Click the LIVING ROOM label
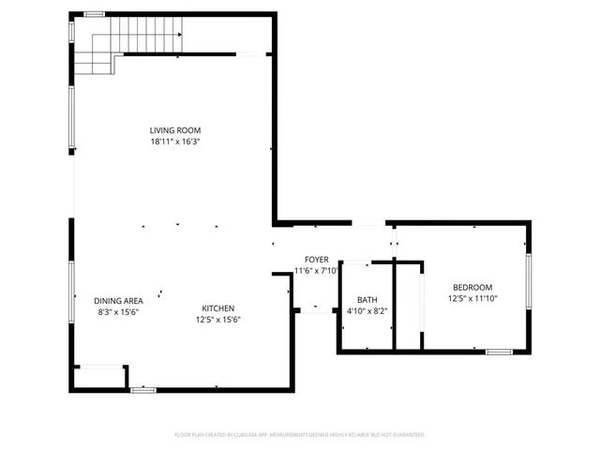click(175, 130)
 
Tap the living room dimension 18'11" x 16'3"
click(175, 142)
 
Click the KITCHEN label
click(218, 308)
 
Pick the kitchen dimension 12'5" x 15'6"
click(218, 320)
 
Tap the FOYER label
click(316, 259)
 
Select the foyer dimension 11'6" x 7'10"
click(316, 271)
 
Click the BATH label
click(367, 299)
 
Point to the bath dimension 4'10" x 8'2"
click(367, 310)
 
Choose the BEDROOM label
click(472, 288)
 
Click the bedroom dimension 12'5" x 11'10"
click(472, 299)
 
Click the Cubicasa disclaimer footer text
click(300, 435)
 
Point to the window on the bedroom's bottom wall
click(499, 352)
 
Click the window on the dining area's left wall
click(71, 292)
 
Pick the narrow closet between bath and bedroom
click(408, 305)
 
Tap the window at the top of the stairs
click(94, 14)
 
